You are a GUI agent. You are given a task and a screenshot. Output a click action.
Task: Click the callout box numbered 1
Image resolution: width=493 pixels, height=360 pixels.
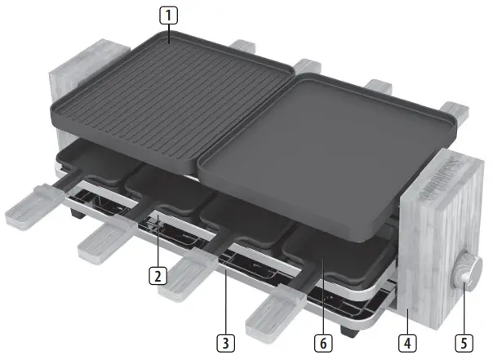pos(168,15)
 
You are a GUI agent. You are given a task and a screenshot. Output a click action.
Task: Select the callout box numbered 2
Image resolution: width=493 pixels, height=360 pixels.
pos(157,275)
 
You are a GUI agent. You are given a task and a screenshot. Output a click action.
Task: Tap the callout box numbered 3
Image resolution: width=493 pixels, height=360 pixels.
pos(224,336)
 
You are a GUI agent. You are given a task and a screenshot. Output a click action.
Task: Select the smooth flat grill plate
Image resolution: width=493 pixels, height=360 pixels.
pos(326,139)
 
